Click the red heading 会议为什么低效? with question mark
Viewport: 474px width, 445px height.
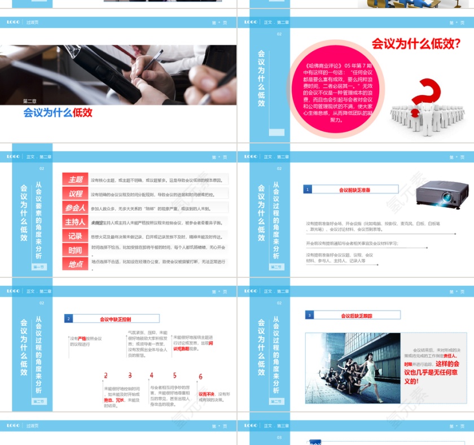coord(415,43)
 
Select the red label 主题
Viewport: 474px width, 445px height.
coord(75,180)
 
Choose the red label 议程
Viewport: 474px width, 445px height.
coord(75,194)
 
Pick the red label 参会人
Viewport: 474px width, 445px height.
coord(75,208)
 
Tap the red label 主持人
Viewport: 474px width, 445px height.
coord(75,222)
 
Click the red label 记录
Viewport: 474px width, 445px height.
coord(75,236)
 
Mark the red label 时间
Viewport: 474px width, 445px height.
coord(75,250)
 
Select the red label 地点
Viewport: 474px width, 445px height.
coord(75,264)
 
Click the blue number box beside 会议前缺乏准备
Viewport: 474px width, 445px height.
coord(308,190)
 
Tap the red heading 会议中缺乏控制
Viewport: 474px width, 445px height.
coord(115,319)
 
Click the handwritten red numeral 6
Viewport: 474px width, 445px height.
coord(200,377)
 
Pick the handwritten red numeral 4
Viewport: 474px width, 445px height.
coord(151,376)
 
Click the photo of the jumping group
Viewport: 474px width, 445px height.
coord(353,367)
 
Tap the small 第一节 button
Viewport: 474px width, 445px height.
coord(39,267)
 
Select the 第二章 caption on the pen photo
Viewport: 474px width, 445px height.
coord(30,101)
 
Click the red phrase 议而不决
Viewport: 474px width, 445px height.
coord(206,394)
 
